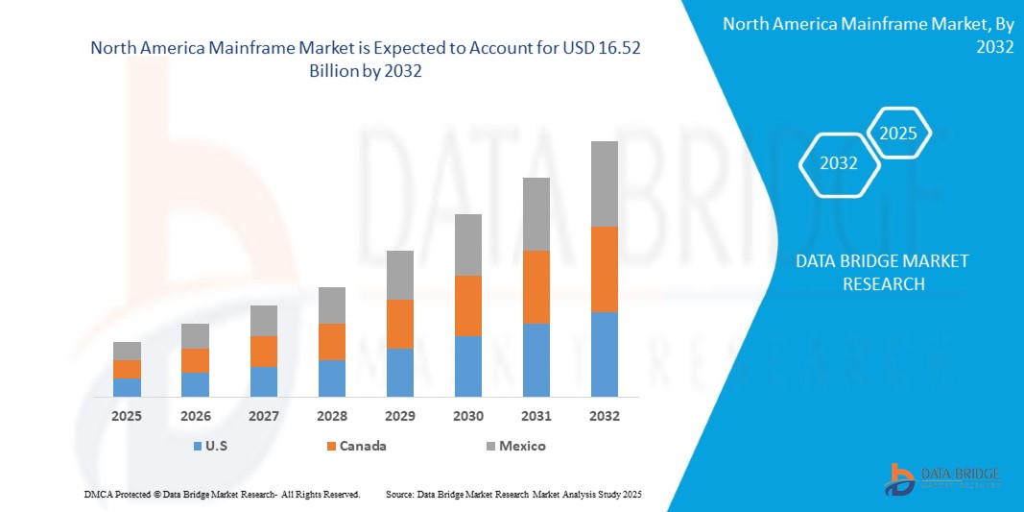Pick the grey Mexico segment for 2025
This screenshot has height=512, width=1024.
click(x=127, y=351)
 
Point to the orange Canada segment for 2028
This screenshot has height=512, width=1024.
click(x=331, y=341)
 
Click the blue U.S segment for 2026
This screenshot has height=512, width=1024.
click(x=195, y=384)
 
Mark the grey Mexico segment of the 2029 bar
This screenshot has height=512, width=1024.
click(x=399, y=275)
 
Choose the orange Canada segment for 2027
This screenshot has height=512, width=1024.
click(x=263, y=351)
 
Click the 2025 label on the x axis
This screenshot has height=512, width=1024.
click(x=127, y=416)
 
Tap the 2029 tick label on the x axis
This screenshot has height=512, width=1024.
click(x=399, y=416)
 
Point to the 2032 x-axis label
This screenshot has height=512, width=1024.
click(x=604, y=416)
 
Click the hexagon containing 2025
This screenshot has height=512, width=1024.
click(x=898, y=134)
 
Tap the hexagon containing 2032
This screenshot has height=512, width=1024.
click(x=839, y=163)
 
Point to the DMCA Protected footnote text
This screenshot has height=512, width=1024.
click(x=221, y=494)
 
